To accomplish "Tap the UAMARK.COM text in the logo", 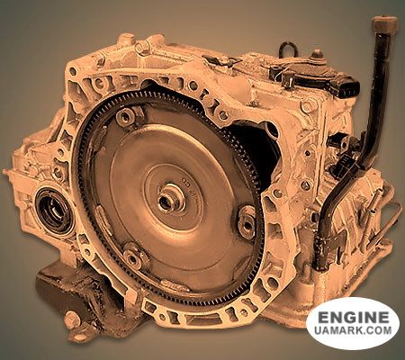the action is (353, 330).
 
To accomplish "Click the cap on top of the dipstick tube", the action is (384, 25).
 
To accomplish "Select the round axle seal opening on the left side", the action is (54, 211).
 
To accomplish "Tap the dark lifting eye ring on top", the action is (288, 49).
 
